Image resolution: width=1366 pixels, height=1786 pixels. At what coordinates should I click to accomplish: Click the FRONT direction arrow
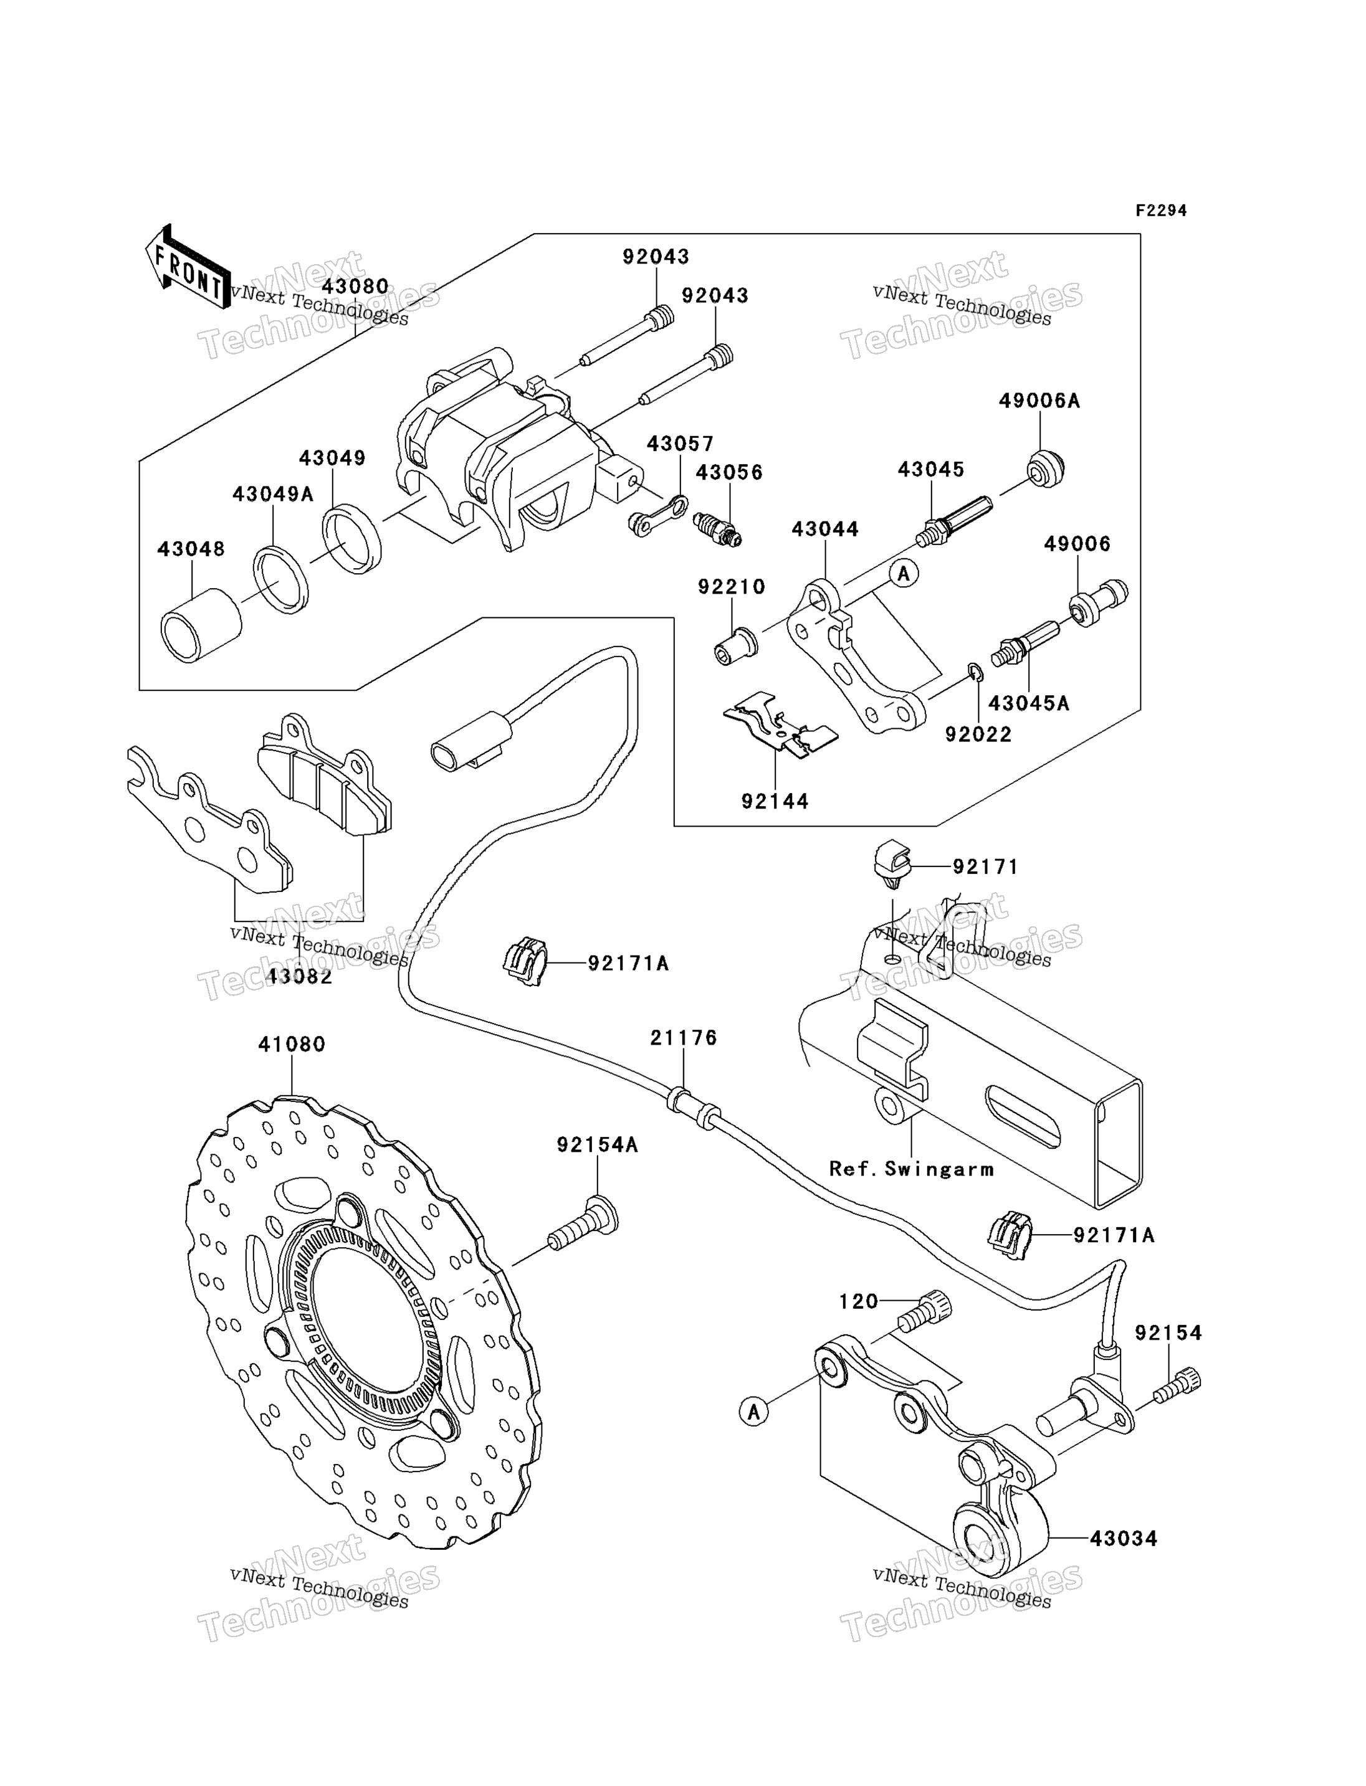coord(187,267)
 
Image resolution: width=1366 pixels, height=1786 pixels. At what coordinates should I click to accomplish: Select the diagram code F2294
coord(1161,211)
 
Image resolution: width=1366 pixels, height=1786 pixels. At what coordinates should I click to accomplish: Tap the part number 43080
coord(355,286)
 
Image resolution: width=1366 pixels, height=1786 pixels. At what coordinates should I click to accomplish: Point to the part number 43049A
coord(273,493)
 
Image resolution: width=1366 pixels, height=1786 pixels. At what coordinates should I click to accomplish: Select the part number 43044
coord(825,530)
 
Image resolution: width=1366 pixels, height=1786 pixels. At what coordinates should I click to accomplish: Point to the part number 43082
coord(299,976)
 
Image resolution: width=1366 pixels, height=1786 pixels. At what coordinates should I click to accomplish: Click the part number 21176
coord(684,1037)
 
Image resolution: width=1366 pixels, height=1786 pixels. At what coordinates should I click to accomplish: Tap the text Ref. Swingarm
coord(912,1169)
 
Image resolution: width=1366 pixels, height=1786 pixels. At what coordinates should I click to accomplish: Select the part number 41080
coord(292,1044)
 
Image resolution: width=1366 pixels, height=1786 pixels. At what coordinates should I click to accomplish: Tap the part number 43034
coord(1124,1538)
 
